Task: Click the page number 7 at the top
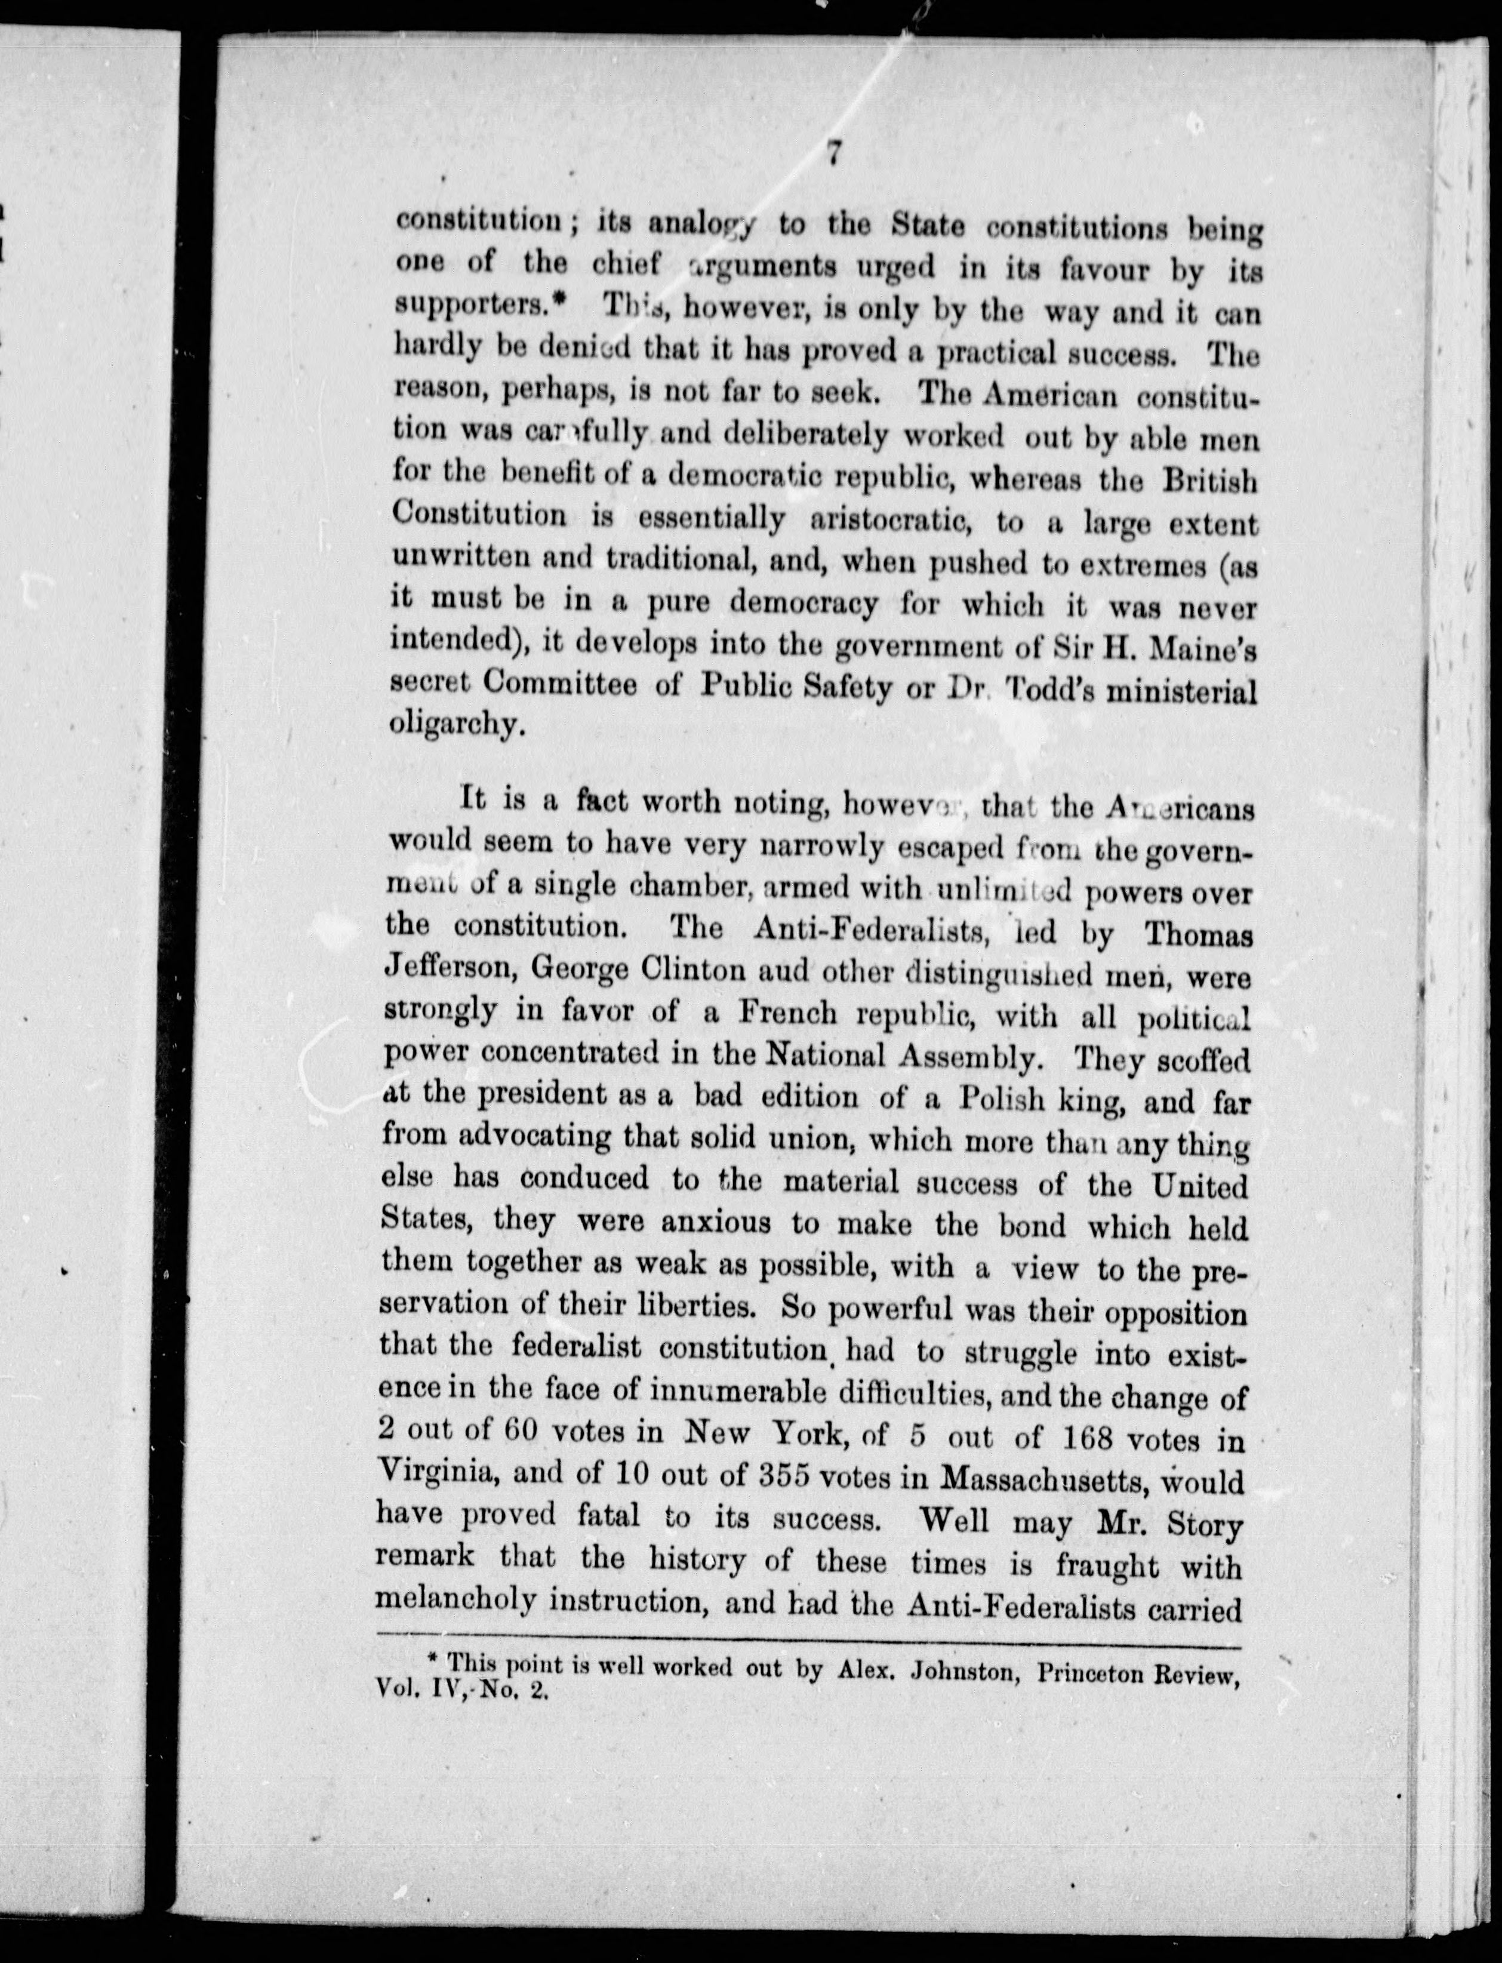pyautogui.click(x=832, y=154)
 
